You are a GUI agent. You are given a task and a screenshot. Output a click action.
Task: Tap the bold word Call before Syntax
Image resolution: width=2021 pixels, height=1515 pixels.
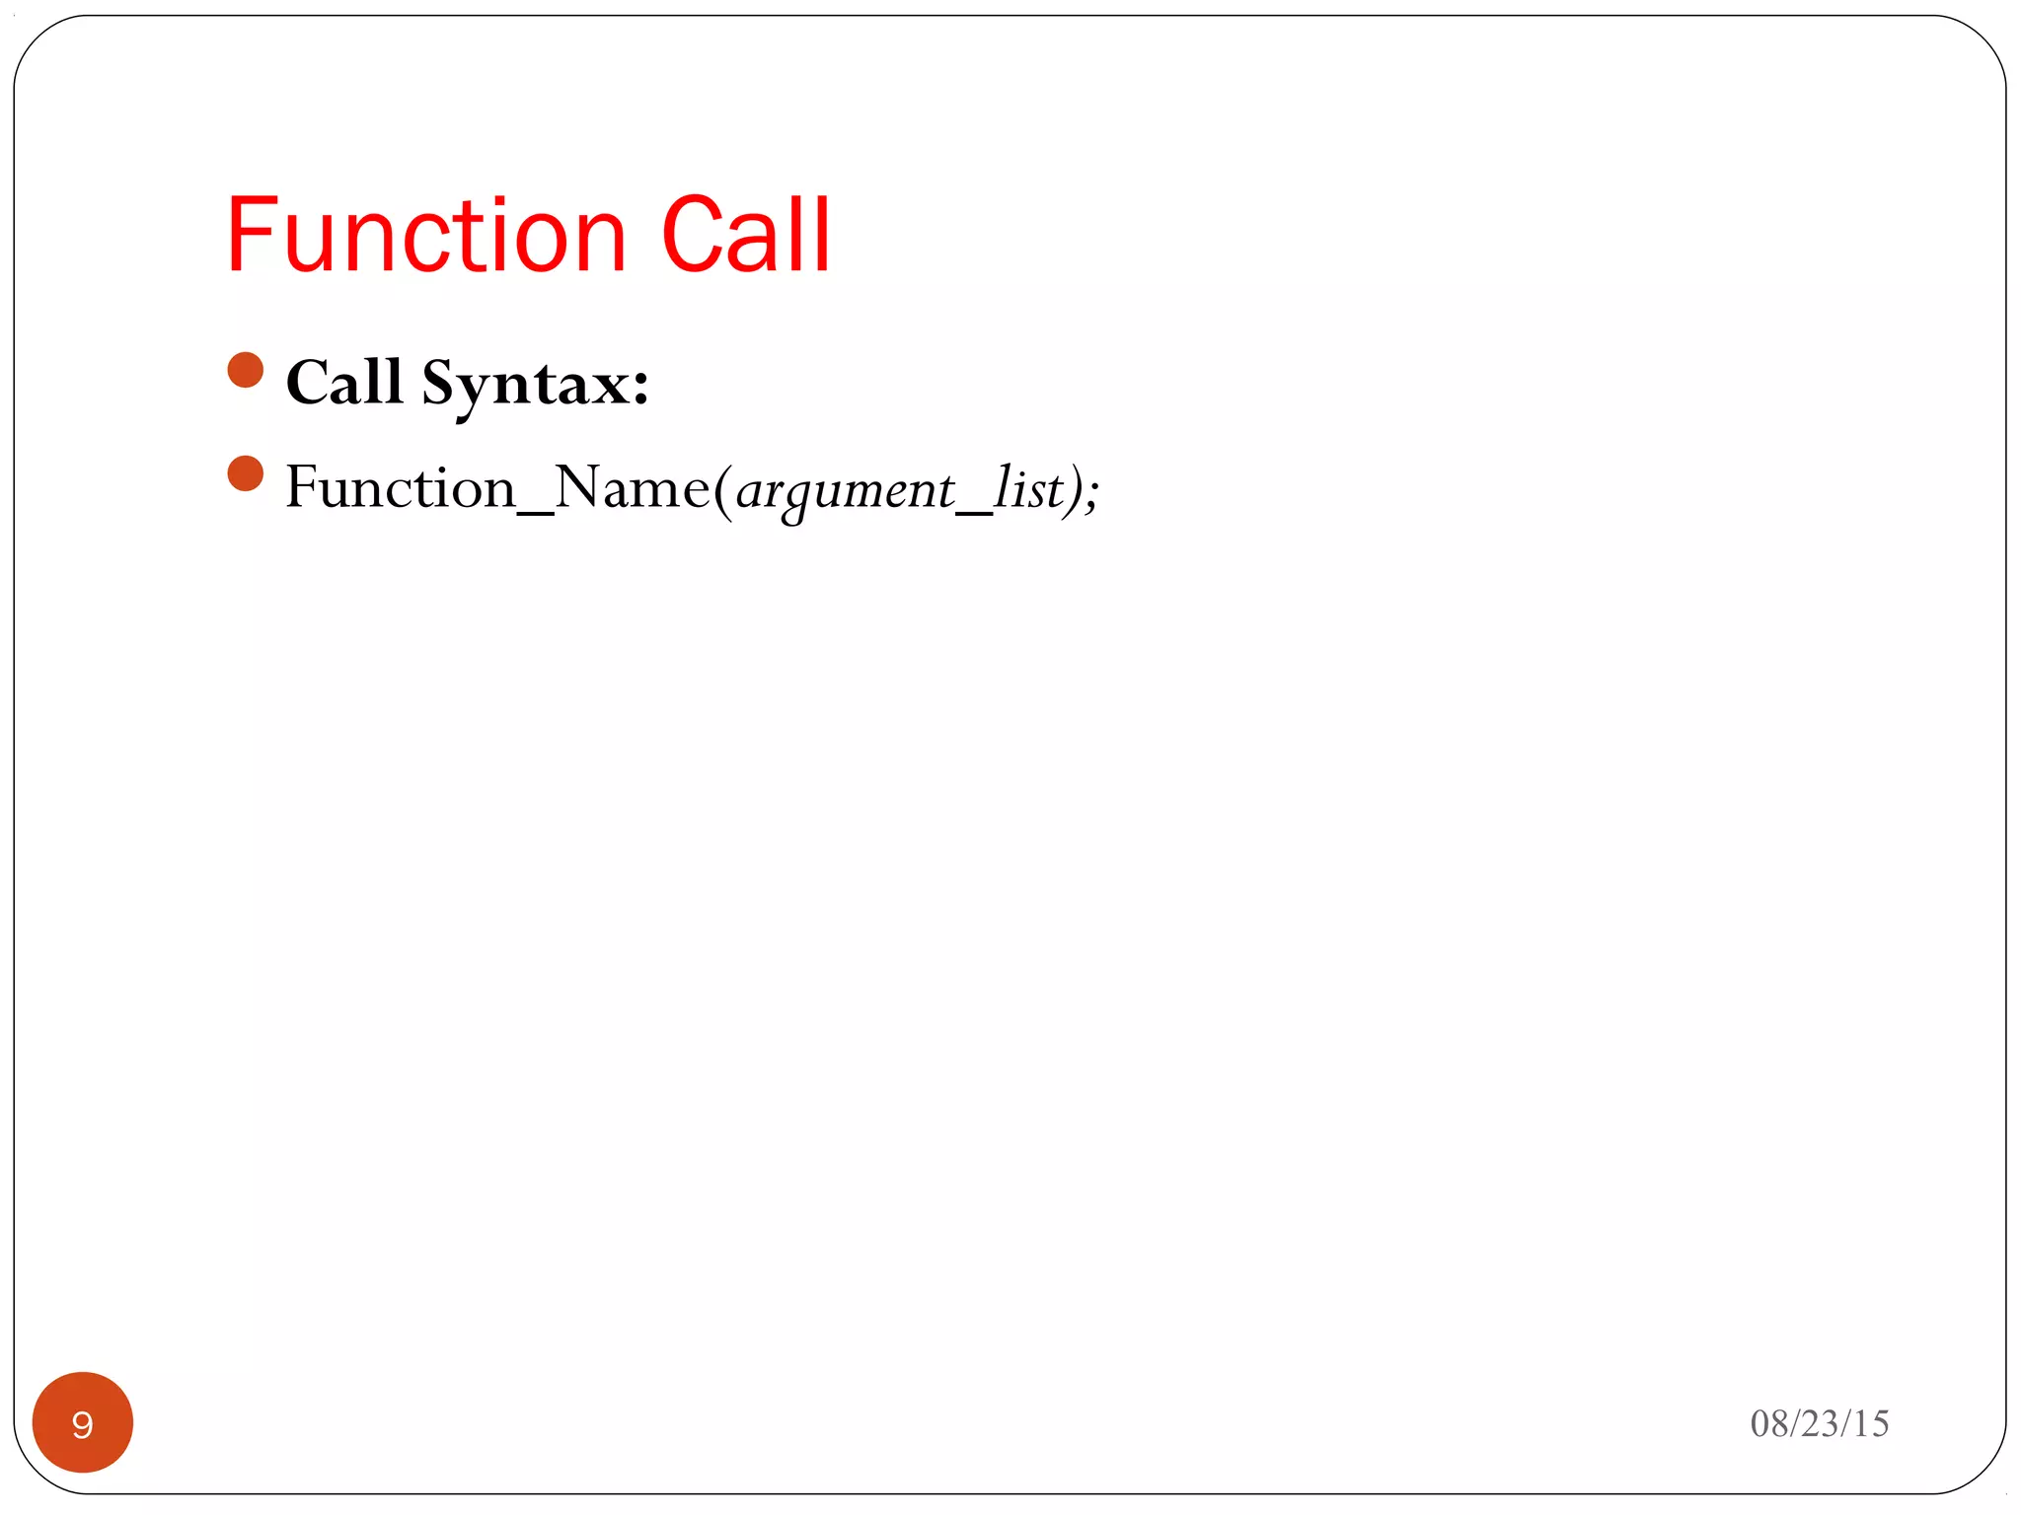tap(344, 382)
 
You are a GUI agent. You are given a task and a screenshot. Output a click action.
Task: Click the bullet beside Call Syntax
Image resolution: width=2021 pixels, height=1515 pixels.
tap(245, 370)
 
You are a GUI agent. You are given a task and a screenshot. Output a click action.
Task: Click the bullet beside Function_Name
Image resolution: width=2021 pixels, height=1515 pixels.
tap(245, 473)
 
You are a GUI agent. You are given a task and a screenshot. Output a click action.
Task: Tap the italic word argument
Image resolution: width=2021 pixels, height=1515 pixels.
tap(845, 490)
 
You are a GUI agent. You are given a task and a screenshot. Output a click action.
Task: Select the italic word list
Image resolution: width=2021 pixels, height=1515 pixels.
tap(1027, 488)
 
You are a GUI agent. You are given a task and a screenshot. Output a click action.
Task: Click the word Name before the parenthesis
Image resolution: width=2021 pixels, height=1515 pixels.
tap(632, 488)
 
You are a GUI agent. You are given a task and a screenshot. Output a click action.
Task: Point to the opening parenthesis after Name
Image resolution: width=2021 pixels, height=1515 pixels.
tap(722, 490)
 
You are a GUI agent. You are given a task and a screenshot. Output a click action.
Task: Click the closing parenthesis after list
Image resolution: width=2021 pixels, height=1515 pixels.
tap(1073, 490)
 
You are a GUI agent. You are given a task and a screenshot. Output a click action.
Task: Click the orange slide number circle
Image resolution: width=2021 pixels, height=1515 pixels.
tap(83, 1422)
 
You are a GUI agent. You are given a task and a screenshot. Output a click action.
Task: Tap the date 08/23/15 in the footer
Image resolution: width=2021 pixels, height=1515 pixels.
tap(1819, 1423)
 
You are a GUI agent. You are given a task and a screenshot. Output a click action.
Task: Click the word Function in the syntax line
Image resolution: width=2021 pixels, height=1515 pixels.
tap(401, 488)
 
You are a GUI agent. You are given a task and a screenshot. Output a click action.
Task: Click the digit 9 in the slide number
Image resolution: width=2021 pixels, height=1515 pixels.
tap(83, 1424)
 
